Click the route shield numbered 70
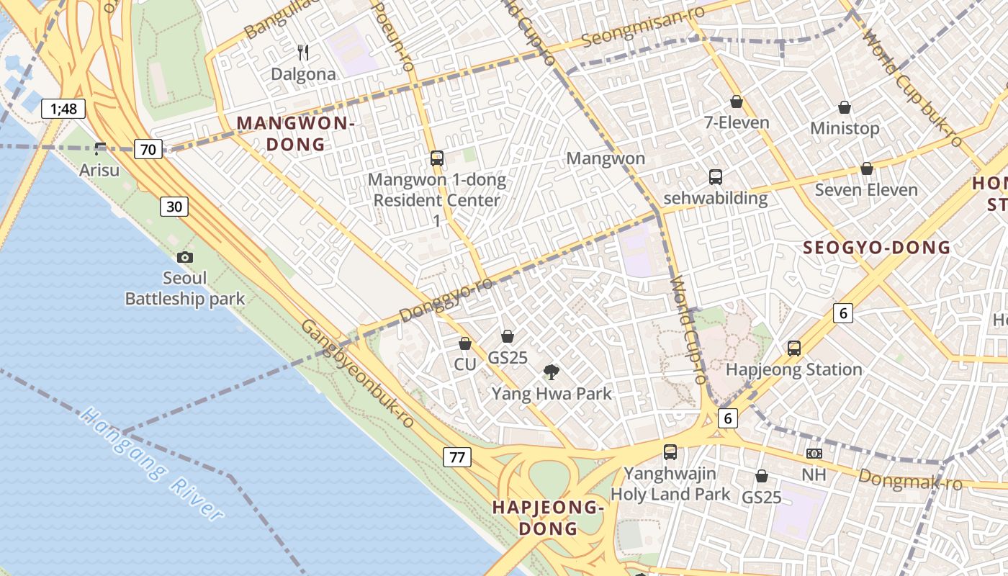(x=148, y=150)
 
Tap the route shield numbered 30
(x=174, y=207)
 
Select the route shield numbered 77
(x=456, y=456)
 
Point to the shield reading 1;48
(x=63, y=109)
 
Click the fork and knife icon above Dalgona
(x=303, y=53)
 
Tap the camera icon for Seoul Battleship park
(x=185, y=257)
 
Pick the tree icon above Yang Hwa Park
(x=552, y=372)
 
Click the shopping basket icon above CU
(x=465, y=343)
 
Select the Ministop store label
(x=845, y=128)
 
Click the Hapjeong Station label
(x=793, y=369)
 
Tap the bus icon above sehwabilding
(x=715, y=176)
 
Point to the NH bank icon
(x=814, y=454)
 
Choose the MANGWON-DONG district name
(x=295, y=133)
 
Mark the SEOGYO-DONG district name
(x=876, y=248)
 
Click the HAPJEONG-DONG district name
(x=547, y=517)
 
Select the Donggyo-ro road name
(x=446, y=300)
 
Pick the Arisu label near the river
(x=99, y=171)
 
